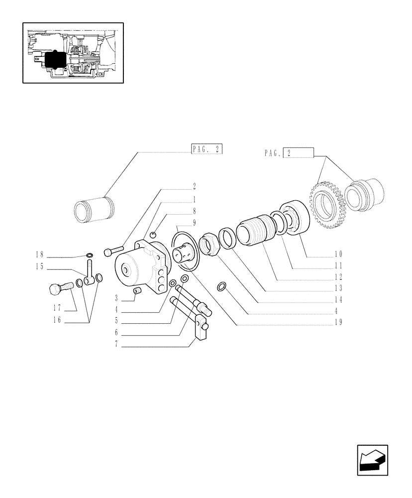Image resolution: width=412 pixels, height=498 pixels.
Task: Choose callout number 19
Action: point(338,322)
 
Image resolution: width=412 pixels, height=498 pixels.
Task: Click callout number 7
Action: point(116,344)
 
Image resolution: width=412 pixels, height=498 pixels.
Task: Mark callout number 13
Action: point(338,288)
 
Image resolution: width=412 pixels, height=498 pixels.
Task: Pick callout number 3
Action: point(116,299)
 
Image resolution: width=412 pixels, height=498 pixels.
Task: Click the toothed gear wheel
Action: point(327,203)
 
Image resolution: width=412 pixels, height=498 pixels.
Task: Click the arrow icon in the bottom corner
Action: point(372,461)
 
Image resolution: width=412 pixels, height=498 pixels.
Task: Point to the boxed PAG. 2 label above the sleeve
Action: point(206,150)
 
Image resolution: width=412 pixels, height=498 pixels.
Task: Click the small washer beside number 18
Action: point(90,256)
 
